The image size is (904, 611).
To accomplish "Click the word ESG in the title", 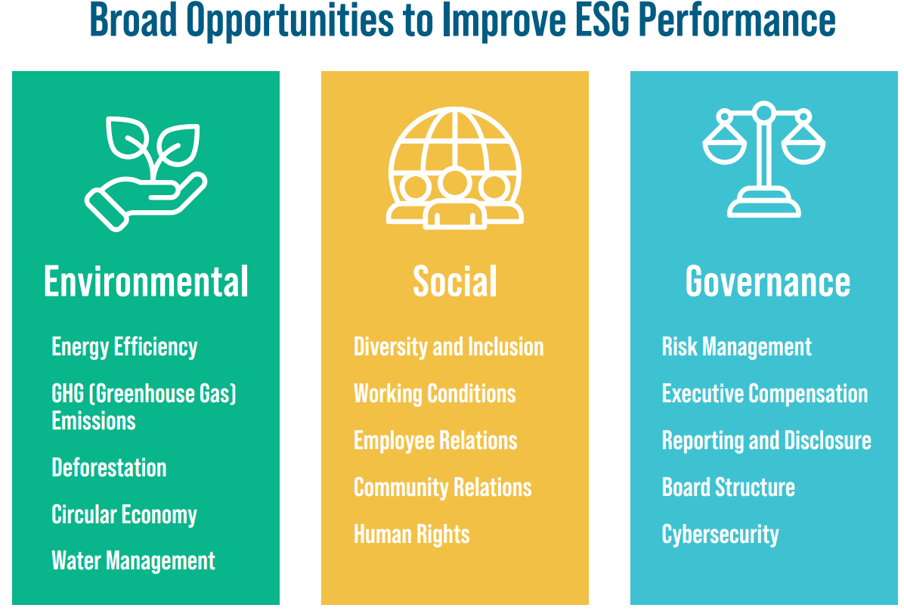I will tap(608, 22).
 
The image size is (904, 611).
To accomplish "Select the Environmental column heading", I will tap(146, 282).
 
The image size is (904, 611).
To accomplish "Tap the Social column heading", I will tap(455, 282).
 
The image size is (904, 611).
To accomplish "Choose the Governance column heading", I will tap(768, 282).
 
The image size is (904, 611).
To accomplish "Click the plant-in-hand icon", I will tap(145, 172).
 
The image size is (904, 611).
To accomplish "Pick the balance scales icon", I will tap(764, 160).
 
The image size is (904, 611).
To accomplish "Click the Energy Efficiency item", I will tap(125, 347).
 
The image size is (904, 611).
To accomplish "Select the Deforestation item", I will tap(109, 468).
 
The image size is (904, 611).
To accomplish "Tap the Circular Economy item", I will tap(124, 516).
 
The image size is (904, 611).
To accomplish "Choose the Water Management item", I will tap(133, 561).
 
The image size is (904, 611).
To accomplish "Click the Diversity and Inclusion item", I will tap(448, 347).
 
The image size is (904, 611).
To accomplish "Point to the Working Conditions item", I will tap(435, 394).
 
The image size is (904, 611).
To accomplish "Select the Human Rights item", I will tap(411, 535).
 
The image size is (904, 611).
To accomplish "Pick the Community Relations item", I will tap(442, 488).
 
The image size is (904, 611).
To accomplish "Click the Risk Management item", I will tap(736, 347).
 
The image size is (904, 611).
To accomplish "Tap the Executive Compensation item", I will tap(764, 394).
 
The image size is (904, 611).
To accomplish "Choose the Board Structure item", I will tap(728, 488).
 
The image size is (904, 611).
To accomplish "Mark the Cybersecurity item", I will tap(720, 535).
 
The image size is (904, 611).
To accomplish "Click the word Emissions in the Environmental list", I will tap(94, 421).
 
